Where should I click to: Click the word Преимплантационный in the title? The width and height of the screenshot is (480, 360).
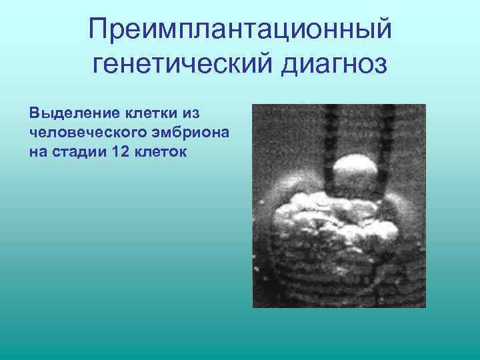click(239, 29)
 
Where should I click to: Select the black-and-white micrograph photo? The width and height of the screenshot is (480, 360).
click(339, 205)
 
